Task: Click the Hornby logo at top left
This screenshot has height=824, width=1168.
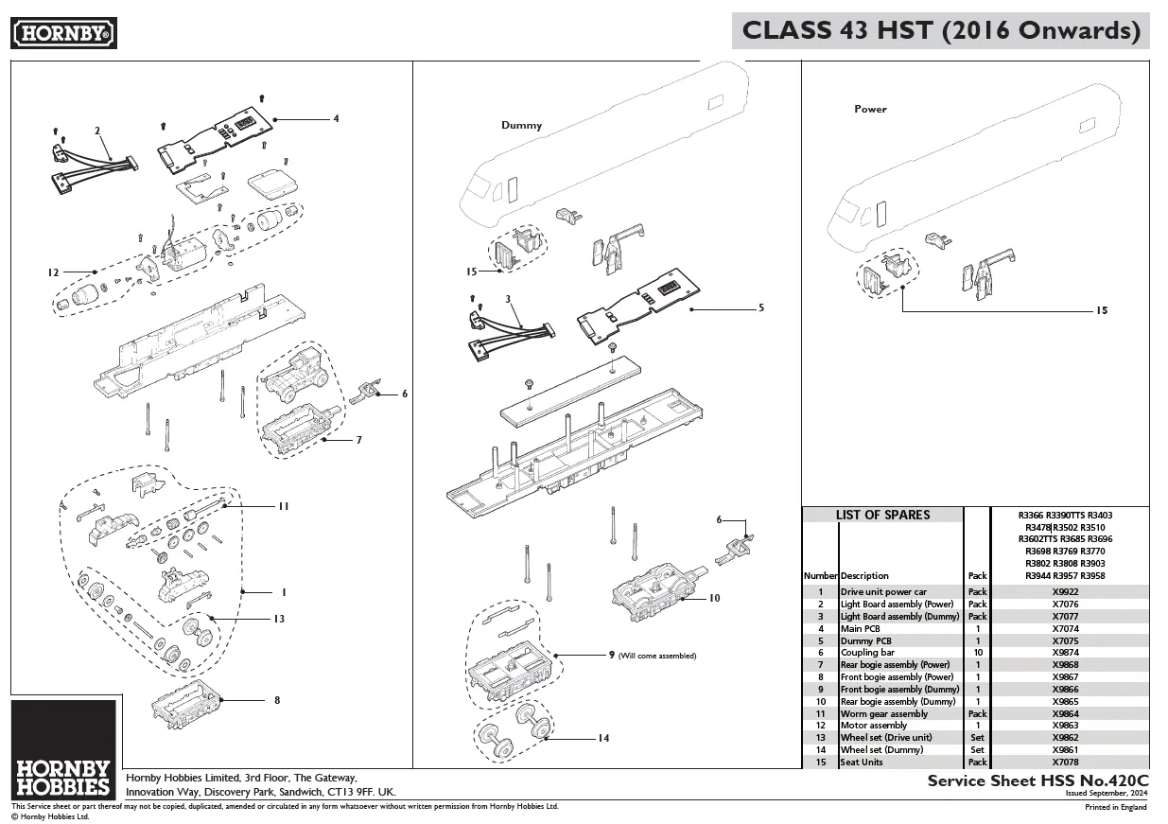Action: pos(64,34)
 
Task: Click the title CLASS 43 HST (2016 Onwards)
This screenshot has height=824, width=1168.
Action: pos(940,30)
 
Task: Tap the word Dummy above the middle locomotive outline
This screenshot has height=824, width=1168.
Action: pos(521,125)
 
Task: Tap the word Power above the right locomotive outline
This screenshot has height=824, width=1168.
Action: pos(870,109)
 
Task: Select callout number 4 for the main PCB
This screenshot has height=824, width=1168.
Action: pos(335,119)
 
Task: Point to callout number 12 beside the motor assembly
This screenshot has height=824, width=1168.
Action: pos(53,272)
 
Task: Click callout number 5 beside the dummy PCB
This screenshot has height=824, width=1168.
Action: pos(760,307)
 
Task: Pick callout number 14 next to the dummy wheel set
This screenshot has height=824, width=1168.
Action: pos(602,738)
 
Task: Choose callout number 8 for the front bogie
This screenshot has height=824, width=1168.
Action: pos(276,700)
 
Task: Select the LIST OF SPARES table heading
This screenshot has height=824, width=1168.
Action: pos(882,515)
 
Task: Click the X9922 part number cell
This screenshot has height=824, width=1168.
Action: pos(1065,592)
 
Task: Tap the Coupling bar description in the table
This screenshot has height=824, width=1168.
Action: pos(867,653)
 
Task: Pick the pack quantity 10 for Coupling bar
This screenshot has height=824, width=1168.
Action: pos(977,653)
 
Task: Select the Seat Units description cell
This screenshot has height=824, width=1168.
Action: pos(862,762)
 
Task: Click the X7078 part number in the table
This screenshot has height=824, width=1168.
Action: pos(1065,762)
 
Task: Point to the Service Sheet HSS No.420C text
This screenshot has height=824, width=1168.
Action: pos(1037,780)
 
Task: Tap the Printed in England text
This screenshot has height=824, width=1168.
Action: pos(1115,807)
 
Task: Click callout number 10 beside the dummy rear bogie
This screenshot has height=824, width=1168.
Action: pos(714,598)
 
